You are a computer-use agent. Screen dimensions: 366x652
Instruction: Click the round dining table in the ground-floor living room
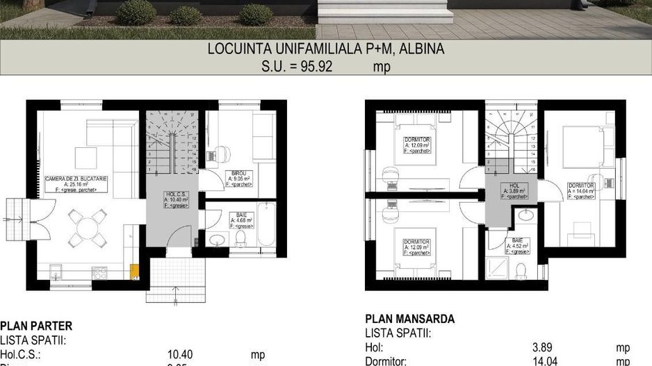pos(88,226)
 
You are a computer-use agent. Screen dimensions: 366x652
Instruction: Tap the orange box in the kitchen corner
pos(135,271)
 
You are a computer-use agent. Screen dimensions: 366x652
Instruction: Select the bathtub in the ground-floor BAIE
pos(267,224)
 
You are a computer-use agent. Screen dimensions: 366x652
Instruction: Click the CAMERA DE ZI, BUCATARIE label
pos(76,183)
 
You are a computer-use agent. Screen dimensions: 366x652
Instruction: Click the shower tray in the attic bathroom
pos(498,267)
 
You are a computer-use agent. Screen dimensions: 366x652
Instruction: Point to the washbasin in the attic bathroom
pos(526,217)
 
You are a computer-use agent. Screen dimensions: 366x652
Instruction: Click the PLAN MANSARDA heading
pos(410,319)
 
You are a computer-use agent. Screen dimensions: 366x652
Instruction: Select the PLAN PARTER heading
pos(36,326)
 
